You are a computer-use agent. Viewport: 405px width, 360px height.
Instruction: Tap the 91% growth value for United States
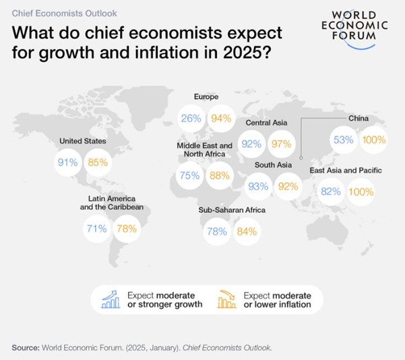pos(68,162)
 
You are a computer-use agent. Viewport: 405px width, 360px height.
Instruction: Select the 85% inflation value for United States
pos(99,162)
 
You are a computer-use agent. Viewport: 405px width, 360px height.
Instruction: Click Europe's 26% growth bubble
pos(191,119)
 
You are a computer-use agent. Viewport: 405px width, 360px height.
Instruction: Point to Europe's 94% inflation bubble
pos(221,119)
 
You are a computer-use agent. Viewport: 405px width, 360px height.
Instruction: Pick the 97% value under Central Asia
pos(281,144)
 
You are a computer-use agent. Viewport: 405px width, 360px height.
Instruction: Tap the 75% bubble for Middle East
pos(189,175)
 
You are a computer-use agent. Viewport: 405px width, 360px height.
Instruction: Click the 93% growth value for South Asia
pos(258,185)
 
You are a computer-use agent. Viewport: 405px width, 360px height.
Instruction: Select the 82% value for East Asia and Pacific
pos(331,192)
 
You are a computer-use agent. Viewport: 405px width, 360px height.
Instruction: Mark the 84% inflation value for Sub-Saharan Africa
pos(247,232)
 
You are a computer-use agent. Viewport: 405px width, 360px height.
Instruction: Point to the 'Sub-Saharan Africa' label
pos(232,210)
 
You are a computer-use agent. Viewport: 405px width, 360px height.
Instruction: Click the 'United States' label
pos(82,142)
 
